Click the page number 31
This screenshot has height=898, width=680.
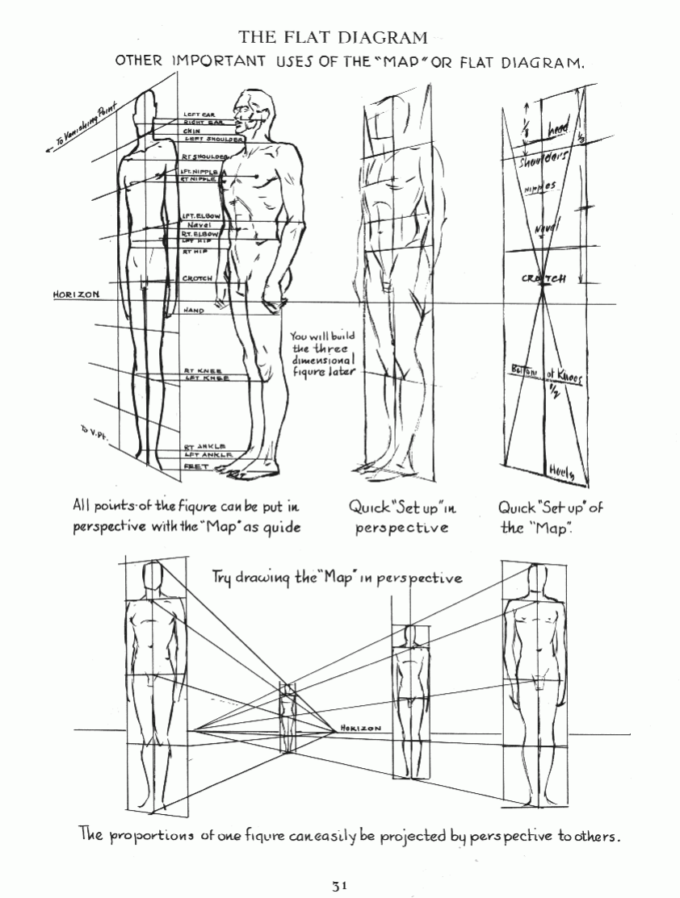click(340, 885)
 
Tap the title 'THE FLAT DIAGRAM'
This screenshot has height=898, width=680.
click(334, 37)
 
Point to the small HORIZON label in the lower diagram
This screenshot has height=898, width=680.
click(361, 728)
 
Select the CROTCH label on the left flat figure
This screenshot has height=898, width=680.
click(198, 278)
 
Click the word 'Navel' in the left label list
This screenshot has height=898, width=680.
click(198, 225)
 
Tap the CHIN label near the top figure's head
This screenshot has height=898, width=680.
click(191, 130)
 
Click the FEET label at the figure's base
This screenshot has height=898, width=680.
click(196, 466)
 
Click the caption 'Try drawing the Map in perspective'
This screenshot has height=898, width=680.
click(337, 578)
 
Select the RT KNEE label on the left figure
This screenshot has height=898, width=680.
click(198, 370)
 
